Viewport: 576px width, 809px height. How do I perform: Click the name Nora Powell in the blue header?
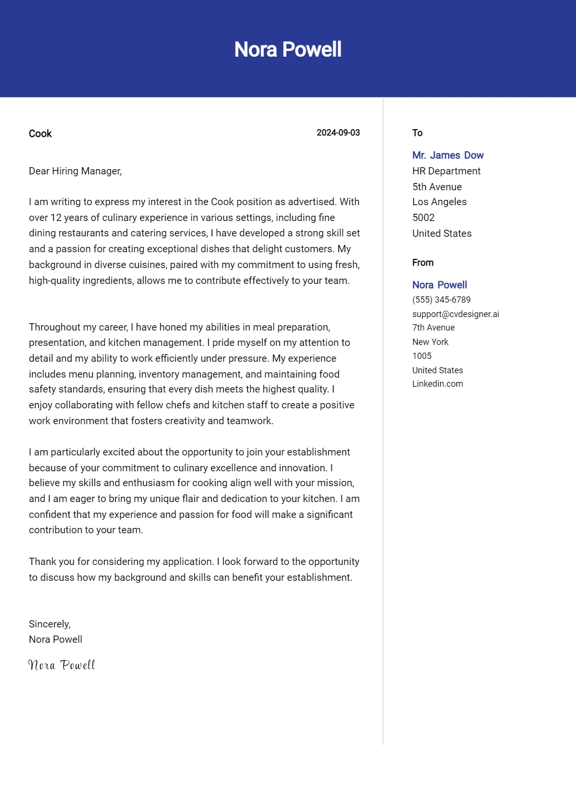(x=288, y=49)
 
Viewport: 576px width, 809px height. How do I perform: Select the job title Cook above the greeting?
(x=40, y=134)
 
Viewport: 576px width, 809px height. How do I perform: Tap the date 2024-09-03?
(x=338, y=133)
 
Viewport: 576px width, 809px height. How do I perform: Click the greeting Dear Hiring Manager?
(x=75, y=171)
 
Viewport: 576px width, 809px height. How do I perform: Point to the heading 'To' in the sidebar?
(x=417, y=133)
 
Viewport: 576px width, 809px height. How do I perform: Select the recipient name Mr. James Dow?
(x=448, y=155)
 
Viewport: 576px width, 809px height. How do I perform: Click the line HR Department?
(x=446, y=171)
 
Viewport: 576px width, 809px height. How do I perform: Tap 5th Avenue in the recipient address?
(x=437, y=187)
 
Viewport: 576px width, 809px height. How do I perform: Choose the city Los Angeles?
(x=439, y=202)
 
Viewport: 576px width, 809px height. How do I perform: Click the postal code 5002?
(x=423, y=218)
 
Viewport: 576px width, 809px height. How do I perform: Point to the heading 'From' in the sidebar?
(x=422, y=263)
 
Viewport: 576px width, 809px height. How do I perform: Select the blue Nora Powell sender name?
(x=439, y=285)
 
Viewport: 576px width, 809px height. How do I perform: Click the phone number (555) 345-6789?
(x=441, y=300)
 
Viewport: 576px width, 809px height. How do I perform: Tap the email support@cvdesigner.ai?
(x=456, y=314)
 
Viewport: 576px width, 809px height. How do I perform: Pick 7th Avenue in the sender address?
(x=433, y=328)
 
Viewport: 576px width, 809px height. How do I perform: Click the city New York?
(x=430, y=342)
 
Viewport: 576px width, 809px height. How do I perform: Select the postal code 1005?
(x=421, y=356)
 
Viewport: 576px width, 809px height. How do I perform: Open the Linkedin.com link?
(x=437, y=384)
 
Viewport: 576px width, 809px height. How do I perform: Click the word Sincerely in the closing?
(x=49, y=624)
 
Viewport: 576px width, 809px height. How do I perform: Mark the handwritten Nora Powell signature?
(x=62, y=665)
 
